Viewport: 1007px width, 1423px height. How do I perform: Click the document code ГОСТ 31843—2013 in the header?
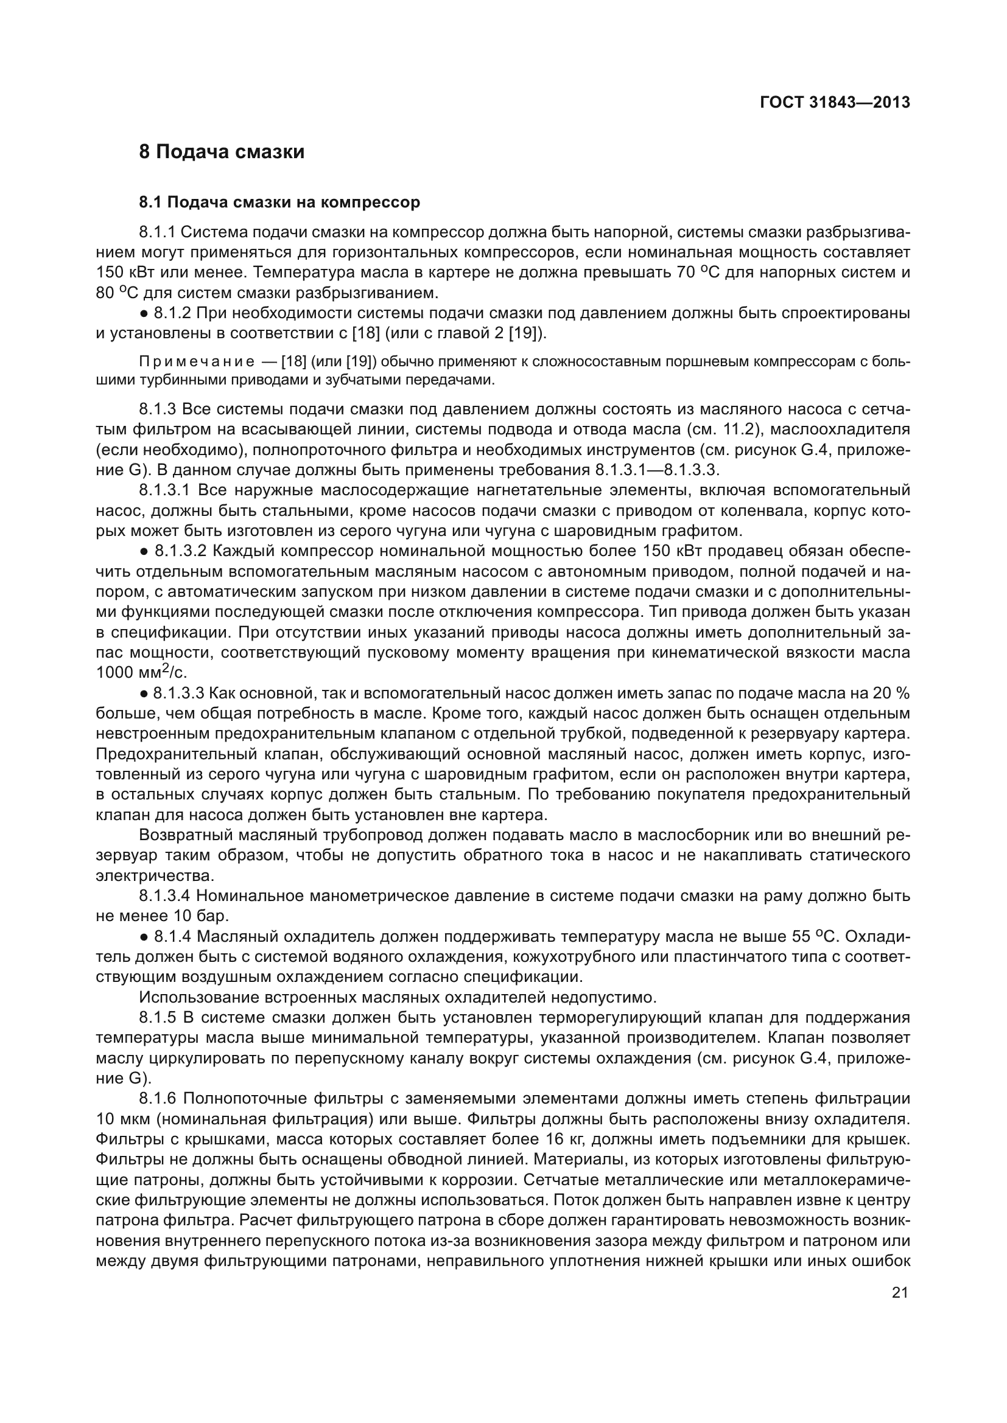point(835,102)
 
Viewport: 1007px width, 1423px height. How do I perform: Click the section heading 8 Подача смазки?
point(222,152)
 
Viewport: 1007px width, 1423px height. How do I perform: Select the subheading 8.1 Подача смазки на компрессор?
point(279,202)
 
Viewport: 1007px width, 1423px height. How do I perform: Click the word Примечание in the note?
point(197,361)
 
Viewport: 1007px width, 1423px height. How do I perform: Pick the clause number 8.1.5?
point(158,1018)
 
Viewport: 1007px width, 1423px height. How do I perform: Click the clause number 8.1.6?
point(158,1099)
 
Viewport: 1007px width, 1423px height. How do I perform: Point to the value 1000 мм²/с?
point(141,672)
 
